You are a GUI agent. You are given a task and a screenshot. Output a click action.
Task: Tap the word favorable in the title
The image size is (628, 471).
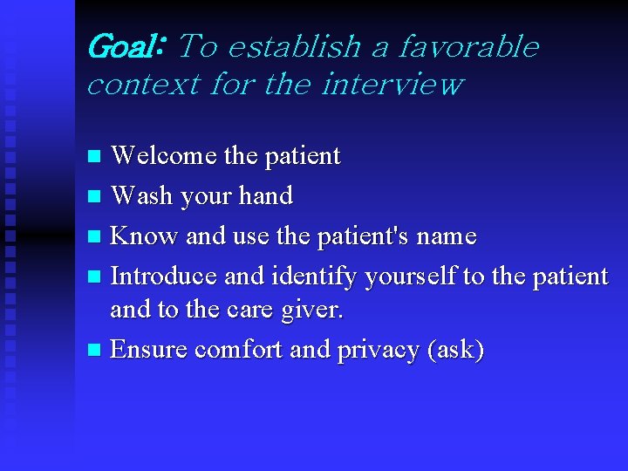469,46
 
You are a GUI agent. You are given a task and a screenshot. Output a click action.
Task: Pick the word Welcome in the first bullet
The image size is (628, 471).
164,156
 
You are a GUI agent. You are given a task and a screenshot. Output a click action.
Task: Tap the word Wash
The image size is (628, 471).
142,196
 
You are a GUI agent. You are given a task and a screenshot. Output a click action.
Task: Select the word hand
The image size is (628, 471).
266,196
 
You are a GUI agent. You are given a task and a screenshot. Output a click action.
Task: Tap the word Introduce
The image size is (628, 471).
164,276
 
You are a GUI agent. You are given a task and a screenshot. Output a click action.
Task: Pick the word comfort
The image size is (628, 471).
238,350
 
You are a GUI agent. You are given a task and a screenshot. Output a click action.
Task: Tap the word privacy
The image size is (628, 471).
373,350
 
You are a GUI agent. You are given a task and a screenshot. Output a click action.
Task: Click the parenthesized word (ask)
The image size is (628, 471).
454,350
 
